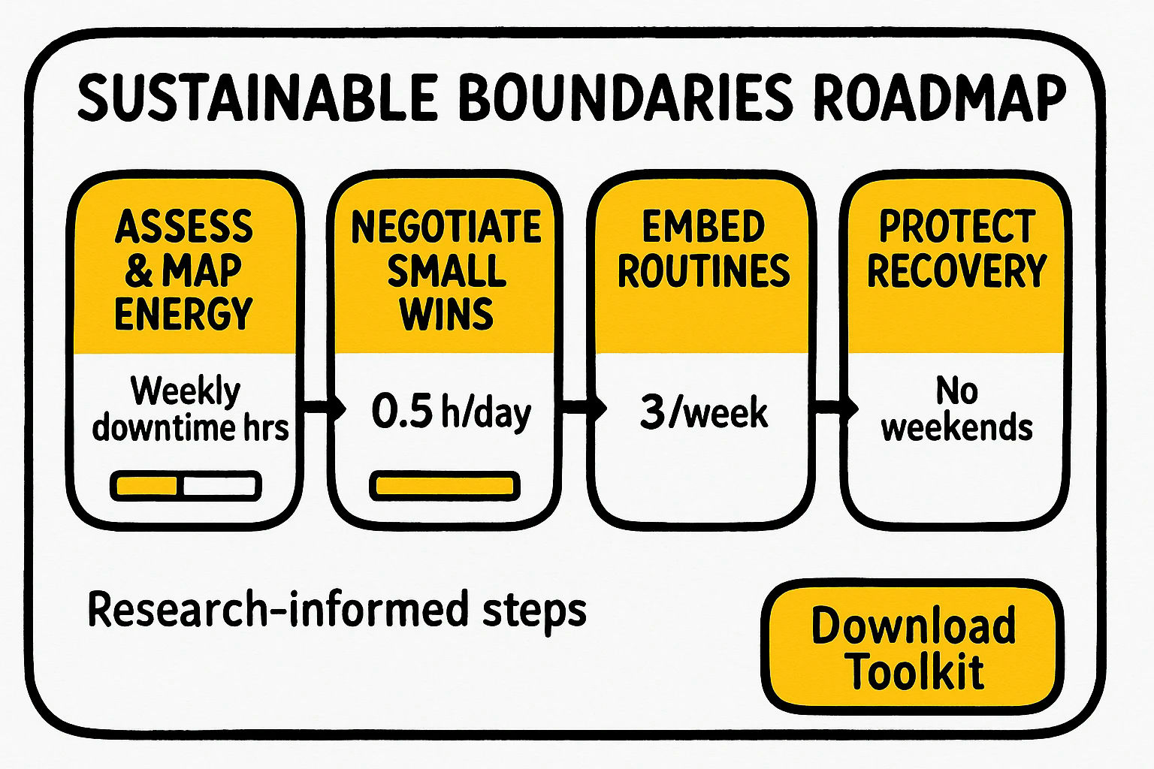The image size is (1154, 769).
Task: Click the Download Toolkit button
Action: tap(913, 647)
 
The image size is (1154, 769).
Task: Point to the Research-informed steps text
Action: tap(337, 609)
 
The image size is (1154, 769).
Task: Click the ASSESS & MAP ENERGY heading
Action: tap(184, 270)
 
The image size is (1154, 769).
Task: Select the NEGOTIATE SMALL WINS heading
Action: tap(446, 270)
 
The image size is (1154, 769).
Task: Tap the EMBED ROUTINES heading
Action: tap(704, 249)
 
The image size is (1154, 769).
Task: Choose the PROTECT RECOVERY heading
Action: tap(956, 249)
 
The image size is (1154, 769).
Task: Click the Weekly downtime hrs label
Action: tap(189, 409)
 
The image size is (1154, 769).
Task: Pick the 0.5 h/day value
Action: tap(451, 412)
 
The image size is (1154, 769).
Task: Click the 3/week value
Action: tap(704, 412)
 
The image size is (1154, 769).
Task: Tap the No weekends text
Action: tap(956, 409)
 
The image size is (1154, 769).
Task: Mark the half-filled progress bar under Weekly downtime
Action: tap(186, 485)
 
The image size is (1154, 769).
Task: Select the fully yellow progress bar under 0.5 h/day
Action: tap(445, 485)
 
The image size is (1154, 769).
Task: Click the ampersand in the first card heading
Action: tap(139, 271)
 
